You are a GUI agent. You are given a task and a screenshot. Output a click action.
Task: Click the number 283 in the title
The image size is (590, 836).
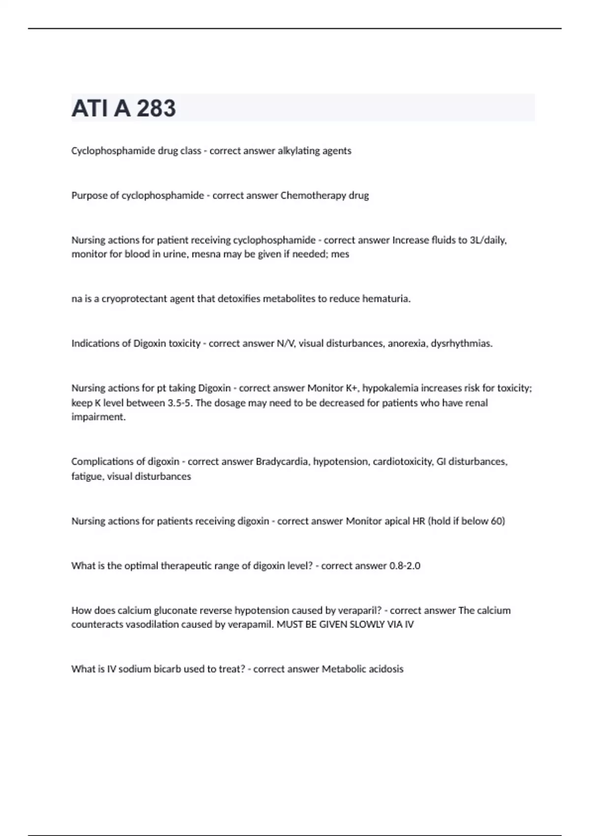[156, 108]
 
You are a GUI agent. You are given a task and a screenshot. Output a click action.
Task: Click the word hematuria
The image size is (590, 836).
[386, 299]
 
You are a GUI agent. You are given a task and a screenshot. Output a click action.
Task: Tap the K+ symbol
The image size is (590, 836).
[352, 388]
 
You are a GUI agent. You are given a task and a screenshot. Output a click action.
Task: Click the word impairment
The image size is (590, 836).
[98, 417]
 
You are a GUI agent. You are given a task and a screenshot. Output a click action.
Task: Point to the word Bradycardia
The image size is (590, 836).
[282, 462]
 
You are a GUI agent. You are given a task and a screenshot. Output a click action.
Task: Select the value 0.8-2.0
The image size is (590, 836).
[405, 566]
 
